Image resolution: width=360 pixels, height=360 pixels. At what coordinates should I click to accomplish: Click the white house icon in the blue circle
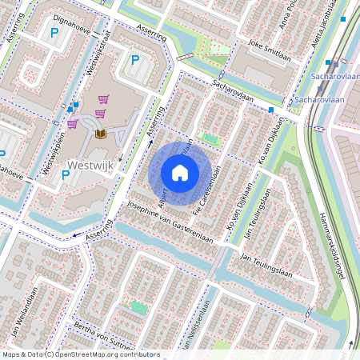[180, 172]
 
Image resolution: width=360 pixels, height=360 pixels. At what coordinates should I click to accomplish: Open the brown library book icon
[101, 134]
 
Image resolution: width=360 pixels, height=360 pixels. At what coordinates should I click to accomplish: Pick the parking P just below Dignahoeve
[54, 34]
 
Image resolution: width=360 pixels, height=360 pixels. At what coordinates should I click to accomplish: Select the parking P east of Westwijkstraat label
[134, 59]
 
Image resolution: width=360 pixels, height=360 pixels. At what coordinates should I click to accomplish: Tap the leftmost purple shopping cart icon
[72, 124]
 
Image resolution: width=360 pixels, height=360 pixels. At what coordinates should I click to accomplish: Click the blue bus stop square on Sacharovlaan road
[272, 110]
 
